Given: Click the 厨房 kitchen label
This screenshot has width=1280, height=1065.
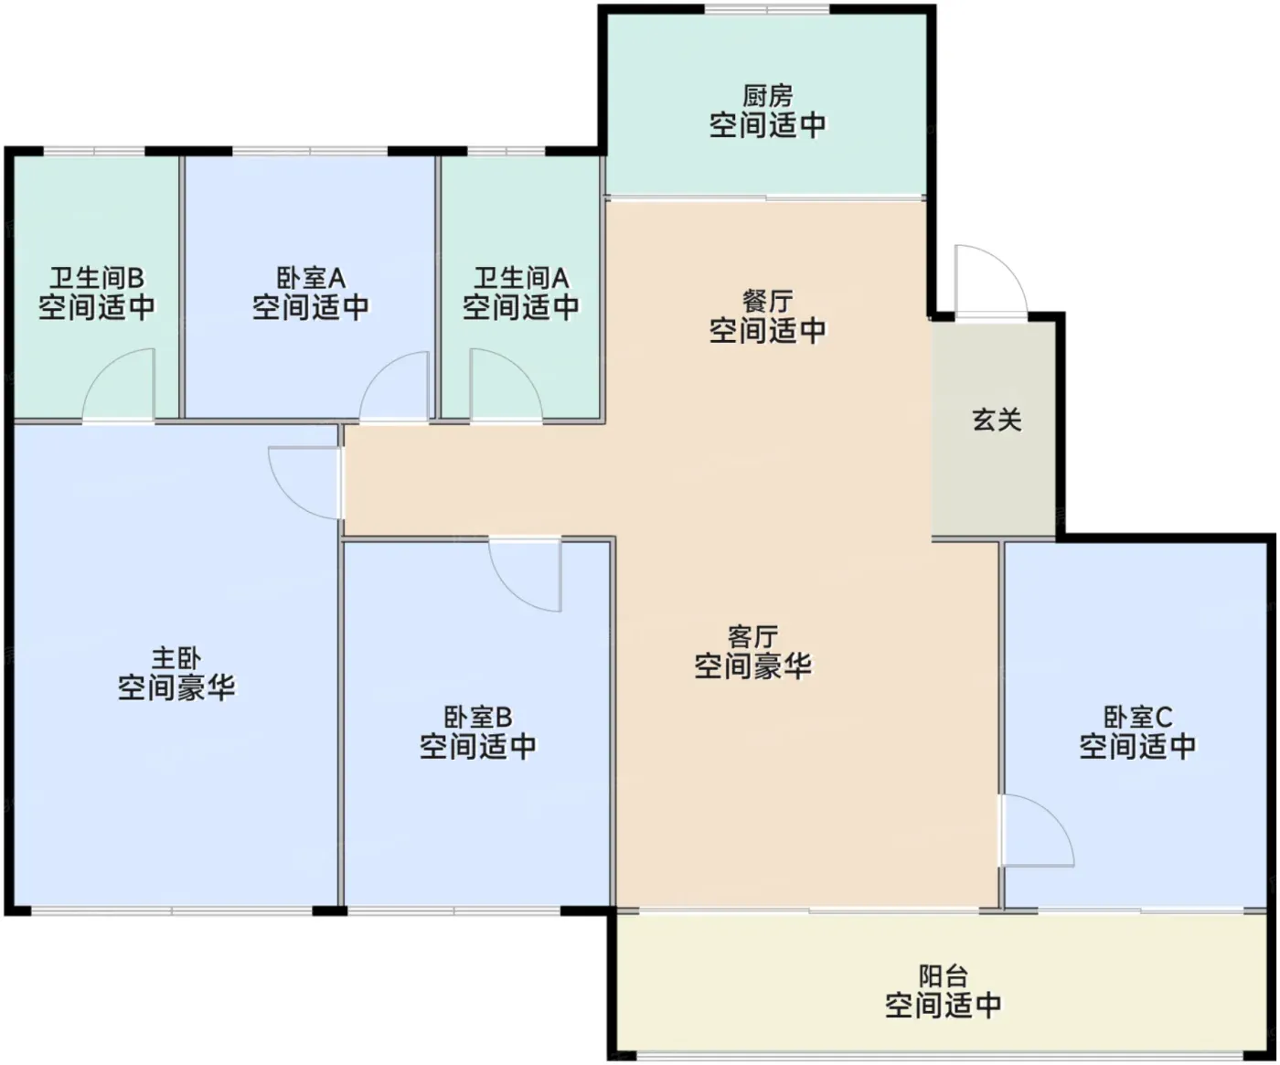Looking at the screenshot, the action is click(x=767, y=96).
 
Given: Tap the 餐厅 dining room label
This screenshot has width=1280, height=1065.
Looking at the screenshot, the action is click(x=767, y=301).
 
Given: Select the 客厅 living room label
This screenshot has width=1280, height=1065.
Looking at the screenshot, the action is click(x=752, y=637).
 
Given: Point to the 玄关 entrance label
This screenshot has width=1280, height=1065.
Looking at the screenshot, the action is click(x=997, y=420).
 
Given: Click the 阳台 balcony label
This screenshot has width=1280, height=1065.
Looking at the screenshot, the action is click(x=943, y=976).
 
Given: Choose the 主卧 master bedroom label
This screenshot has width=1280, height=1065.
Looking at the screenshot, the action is click(x=176, y=658).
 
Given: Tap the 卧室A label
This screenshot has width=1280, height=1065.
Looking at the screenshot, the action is click(x=311, y=278).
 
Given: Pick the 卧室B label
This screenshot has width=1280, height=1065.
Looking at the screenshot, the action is click(x=477, y=718).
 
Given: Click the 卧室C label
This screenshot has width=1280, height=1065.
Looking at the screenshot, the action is click(x=1137, y=718).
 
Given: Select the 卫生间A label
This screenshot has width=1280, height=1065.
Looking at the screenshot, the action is click(x=521, y=278).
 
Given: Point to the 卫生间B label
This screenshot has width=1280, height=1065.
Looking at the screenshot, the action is click(x=97, y=278).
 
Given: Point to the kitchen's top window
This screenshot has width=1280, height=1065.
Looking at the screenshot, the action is click(x=766, y=8).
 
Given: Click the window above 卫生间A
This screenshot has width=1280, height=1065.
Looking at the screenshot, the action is click(x=506, y=151).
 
